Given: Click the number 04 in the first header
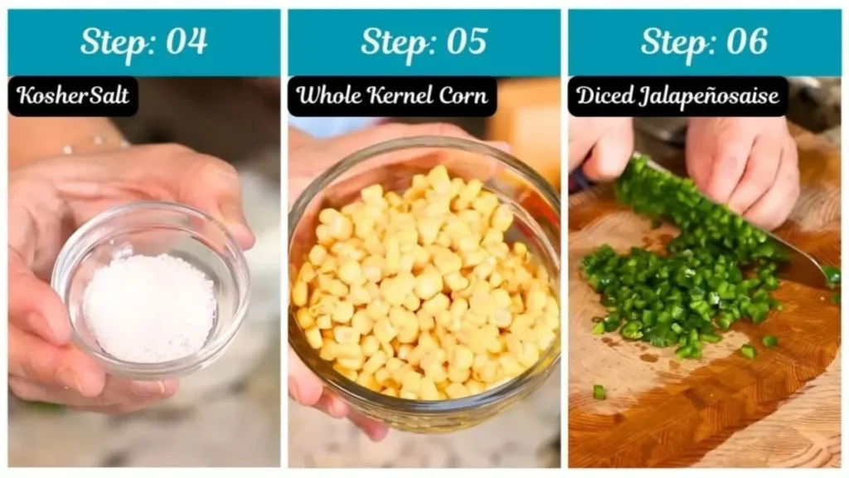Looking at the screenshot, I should [x=187, y=41].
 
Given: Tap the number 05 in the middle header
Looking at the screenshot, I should [x=468, y=41].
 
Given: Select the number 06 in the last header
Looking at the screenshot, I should [x=748, y=41].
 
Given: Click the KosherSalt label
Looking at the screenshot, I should [x=73, y=96].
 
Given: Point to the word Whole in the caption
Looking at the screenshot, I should [x=329, y=96].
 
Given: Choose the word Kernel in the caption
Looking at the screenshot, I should [x=400, y=96].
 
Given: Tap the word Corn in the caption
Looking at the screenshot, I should [x=463, y=96].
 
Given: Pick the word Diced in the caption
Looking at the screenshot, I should [x=605, y=96].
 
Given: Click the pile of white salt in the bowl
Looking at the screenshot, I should [x=149, y=307].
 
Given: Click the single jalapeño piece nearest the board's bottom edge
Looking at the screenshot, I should [x=599, y=392].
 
